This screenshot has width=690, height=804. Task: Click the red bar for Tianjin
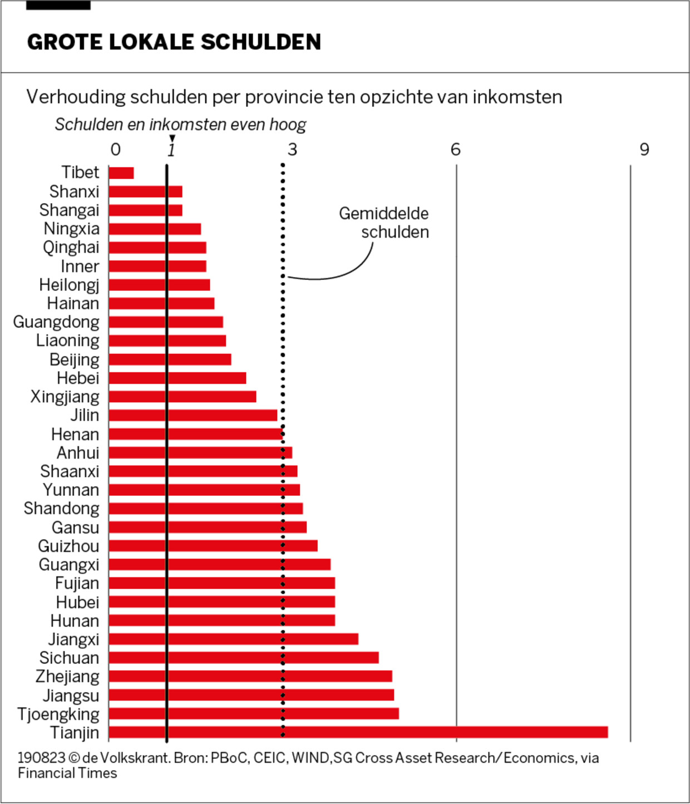[358, 732]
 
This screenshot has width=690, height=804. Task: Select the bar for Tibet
[121, 173]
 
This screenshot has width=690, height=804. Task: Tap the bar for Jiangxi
[233, 639]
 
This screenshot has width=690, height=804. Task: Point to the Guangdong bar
[166, 322]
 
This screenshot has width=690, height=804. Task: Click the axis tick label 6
[455, 149]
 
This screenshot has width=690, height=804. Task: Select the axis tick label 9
[644, 149]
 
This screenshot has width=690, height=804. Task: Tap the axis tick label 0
[115, 149]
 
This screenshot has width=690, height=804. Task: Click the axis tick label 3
[292, 149]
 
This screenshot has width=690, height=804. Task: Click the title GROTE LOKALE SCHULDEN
[174, 42]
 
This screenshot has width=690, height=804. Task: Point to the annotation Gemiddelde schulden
[384, 223]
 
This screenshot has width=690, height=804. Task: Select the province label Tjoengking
[58, 714]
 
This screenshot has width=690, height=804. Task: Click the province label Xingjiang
[65, 397]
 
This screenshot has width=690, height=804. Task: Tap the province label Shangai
[69, 210]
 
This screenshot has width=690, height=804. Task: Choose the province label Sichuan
[69, 658]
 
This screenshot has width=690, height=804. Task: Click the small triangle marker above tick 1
[172, 139]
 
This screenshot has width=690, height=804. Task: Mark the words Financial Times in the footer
[67, 773]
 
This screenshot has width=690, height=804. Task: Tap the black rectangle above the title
[58, 5]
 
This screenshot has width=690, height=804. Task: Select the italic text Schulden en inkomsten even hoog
[180, 125]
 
